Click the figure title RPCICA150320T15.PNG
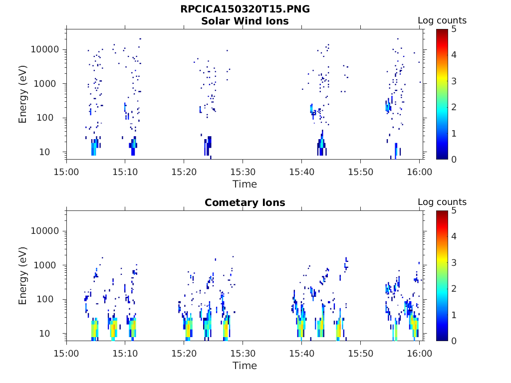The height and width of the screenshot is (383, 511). pos(245,9)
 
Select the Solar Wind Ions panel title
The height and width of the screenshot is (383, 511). pos(245,21)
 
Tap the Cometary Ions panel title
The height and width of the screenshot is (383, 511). pos(245,202)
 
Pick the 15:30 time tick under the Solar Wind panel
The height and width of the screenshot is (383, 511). pos(243,172)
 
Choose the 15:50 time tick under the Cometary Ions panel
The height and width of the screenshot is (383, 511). pos(360,354)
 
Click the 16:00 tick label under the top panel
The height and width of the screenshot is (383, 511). pos(419,172)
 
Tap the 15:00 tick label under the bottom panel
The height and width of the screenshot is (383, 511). pos(66,354)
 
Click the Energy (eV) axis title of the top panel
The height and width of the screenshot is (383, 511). pos(23,94)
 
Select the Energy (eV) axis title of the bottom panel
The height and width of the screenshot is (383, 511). pos(23,276)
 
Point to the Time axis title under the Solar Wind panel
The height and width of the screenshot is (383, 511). pos(245,184)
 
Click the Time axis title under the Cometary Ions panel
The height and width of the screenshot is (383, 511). pos(245,366)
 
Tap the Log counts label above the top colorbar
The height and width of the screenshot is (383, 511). pos(442,20)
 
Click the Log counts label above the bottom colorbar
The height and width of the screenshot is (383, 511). pos(442,202)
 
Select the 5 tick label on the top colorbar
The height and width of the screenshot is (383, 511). pos(454,29)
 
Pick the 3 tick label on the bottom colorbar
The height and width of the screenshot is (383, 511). pos(454,262)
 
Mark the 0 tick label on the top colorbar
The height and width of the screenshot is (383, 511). pos(454,159)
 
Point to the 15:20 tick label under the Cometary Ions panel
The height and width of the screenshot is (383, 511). pos(184,354)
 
